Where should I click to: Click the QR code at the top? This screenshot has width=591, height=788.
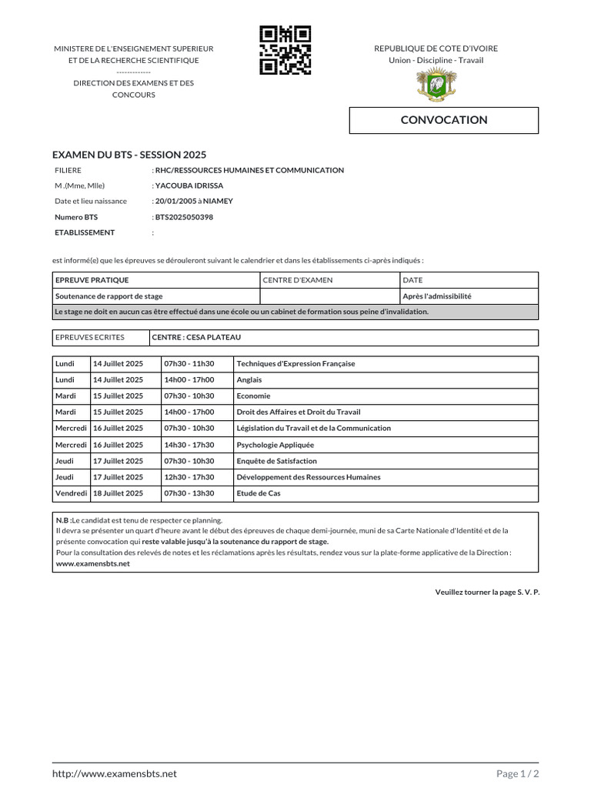285,50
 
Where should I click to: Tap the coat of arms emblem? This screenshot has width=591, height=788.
436,85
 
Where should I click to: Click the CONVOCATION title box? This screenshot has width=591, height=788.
444,120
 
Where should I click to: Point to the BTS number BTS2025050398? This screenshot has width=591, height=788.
184,217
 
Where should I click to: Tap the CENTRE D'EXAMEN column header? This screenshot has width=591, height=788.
298,280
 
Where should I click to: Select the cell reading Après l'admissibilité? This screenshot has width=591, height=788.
436,296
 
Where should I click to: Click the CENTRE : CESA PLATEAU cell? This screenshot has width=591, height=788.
196,337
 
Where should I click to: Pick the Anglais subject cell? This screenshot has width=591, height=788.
249,379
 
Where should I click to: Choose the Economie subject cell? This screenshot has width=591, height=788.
254,396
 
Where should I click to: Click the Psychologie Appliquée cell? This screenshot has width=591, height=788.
275,445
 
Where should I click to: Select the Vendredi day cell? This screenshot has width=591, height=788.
71,493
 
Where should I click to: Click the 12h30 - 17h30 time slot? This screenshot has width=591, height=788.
189,477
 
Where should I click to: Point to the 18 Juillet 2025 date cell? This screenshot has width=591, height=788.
118,493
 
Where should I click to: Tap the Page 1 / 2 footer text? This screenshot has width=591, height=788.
517,773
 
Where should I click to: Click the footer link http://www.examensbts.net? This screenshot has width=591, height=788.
115,773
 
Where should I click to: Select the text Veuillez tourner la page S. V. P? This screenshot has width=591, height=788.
487,592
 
